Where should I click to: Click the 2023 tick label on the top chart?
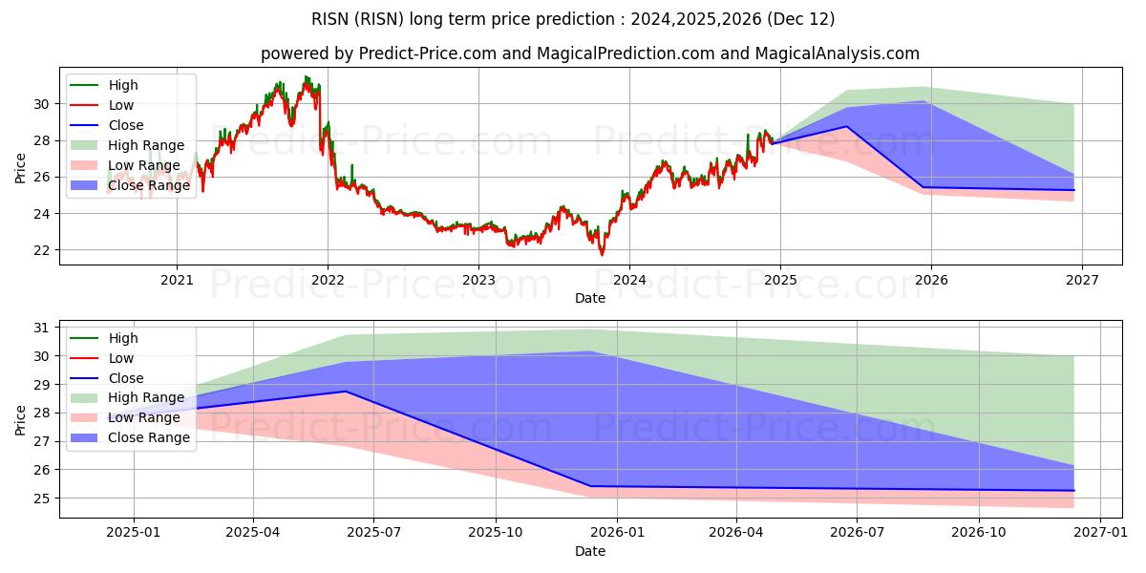coord(478,280)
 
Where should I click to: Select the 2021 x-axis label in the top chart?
coord(177,280)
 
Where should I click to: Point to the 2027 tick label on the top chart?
coord(1082,280)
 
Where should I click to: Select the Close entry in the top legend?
coord(126,125)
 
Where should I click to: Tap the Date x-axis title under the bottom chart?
coord(589,551)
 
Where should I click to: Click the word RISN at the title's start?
coord(329,19)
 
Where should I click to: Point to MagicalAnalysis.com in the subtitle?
coord(837,53)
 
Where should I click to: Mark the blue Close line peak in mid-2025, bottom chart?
coord(346,392)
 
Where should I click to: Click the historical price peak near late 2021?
coord(307,76)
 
